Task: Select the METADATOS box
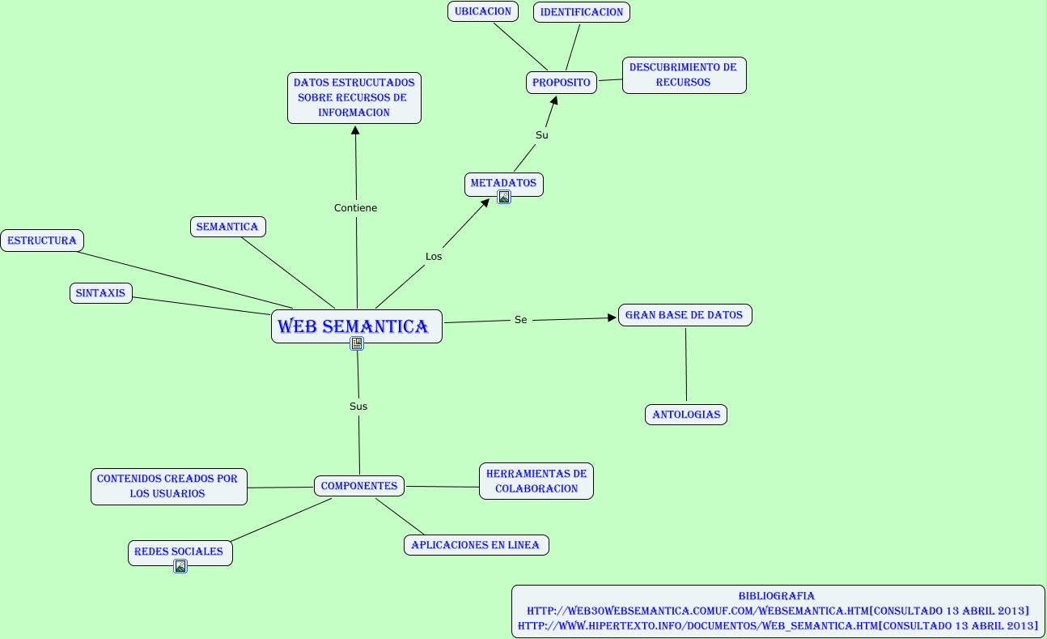[503, 183]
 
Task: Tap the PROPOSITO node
[562, 83]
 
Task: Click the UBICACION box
[482, 12]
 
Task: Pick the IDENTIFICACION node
[582, 12]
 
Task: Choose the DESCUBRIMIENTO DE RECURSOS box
[684, 75]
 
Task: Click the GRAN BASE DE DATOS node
[685, 315]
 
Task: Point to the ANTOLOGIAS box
[686, 415]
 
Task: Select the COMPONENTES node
[359, 486]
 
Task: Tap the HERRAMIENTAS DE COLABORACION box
[536, 481]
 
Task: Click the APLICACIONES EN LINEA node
[476, 545]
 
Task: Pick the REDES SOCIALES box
[180, 552]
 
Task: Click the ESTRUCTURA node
[42, 241]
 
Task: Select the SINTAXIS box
[101, 293]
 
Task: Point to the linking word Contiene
[356, 208]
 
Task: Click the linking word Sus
[358, 407]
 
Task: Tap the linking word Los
[434, 257]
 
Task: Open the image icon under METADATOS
[504, 197]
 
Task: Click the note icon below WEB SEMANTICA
[357, 343]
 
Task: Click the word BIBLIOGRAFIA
[777, 596]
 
